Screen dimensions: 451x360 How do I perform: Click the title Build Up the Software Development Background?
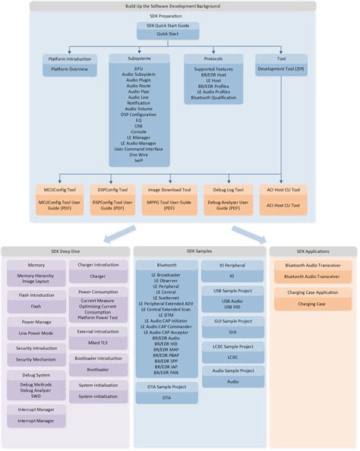point(180,5)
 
